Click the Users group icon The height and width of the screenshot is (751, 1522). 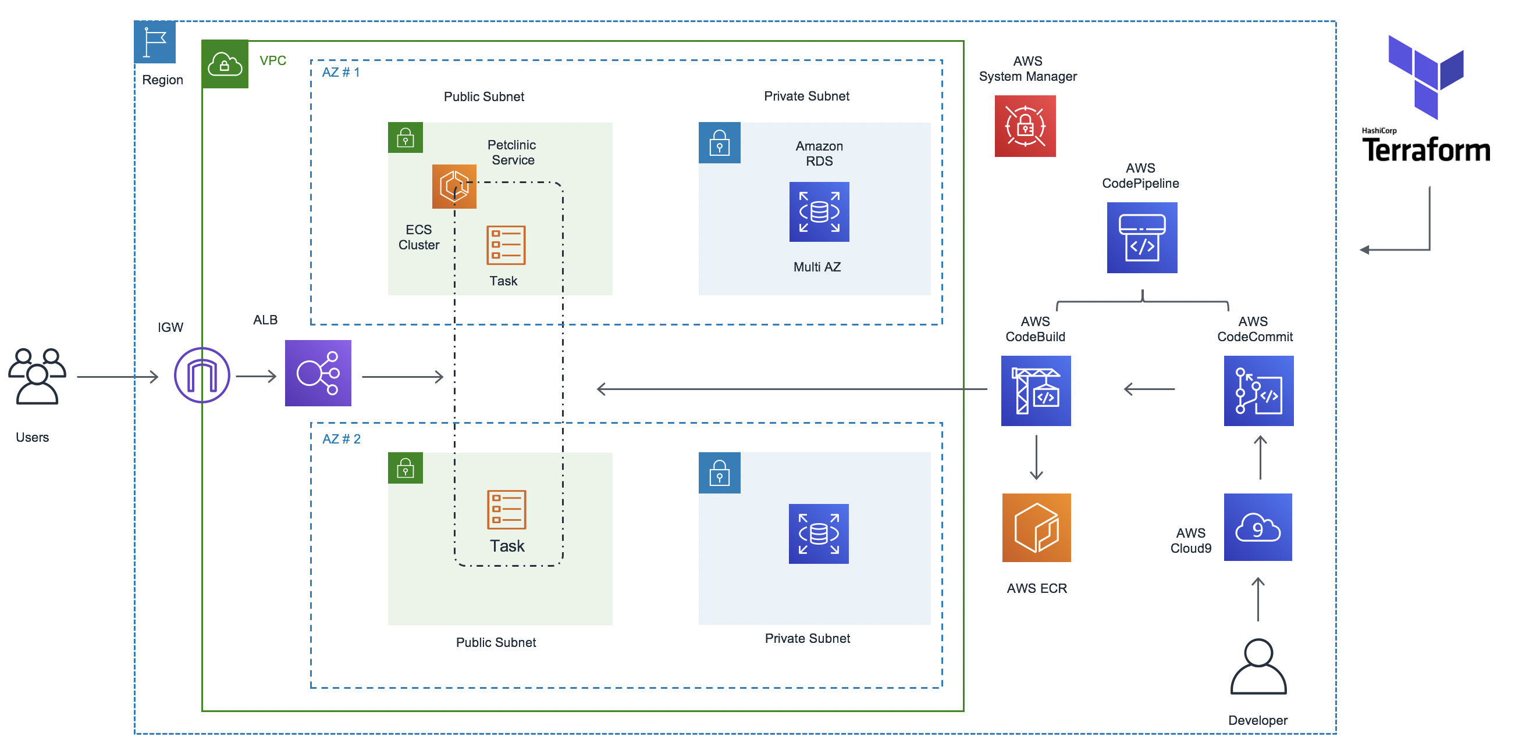click(x=37, y=376)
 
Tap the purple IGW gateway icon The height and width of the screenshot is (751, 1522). click(x=202, y=375)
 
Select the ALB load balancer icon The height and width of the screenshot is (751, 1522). click(x=318, y=373)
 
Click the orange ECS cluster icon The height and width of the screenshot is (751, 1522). click(x=454, y=186)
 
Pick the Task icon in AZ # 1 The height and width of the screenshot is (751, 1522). click(x=506, y=245)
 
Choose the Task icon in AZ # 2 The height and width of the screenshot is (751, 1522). click(x=506, y=510)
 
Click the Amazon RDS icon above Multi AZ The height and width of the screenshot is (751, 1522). click(x=819, y=212)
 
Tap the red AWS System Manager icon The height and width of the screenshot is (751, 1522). click(x=1025, y=126)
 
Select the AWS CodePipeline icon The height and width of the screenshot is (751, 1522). click(x=1142, y=237)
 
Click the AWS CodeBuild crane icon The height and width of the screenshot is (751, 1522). click(x=1036, y=390)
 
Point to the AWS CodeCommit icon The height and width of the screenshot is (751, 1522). click(x=1258, y=390)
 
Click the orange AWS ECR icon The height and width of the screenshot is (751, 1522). click(x=1036, y=527)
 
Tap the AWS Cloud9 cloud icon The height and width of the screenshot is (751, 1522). click(x=1258, y=527)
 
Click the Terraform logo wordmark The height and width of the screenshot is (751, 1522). click(x=1425, y=149)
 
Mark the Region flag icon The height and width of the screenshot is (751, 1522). click(x=155, y=42)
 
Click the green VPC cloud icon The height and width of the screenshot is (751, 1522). click(x=225, y=65)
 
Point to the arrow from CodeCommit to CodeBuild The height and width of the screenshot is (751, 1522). click(x=1149, y=389)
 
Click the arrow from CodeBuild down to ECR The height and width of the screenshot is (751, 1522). click(x=1036, y=457)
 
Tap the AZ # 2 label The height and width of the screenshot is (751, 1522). click(x=342, y=439)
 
